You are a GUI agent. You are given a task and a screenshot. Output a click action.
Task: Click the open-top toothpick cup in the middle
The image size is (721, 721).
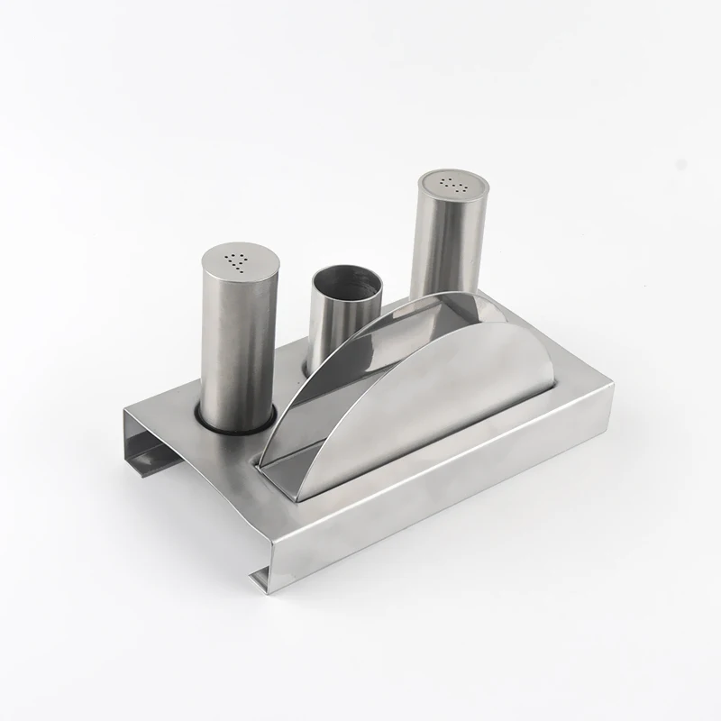(x=338, y=324)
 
